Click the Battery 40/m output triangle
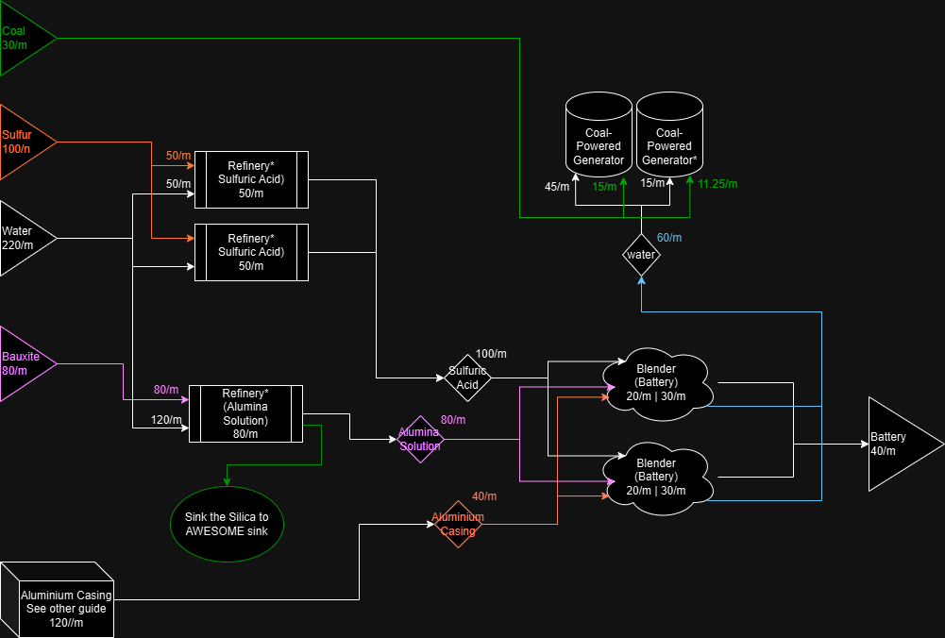(x=897, y=444)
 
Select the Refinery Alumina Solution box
(x=245, y=413)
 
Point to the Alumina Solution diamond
(x=420, y=439)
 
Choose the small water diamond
(x=641, y=254)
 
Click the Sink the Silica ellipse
(x=227, y=524)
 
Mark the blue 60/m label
(x=669, y=238)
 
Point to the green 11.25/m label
(x=717, y=183)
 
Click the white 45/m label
(x=557, y=187)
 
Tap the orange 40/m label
(x=484, y=496)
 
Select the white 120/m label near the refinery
(x=166, y=420)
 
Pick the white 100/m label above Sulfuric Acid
(x=491, y=354)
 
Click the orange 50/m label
(x=178, y=156)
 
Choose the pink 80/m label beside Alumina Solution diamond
(x=453, y=420)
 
